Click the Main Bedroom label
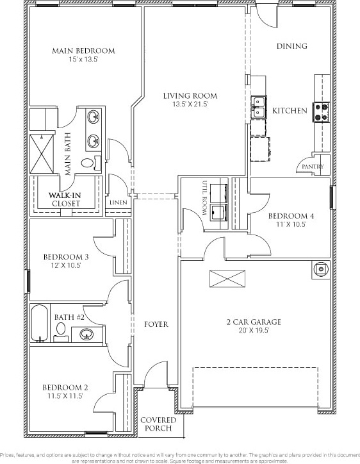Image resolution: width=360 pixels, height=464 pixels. click(x=83, y=51)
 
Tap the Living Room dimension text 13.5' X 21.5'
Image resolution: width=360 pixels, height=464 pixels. click(x=190, y=104)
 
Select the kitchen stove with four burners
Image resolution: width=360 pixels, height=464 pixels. click(x=322, y=112)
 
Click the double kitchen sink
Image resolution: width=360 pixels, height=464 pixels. click(x=259, y=107)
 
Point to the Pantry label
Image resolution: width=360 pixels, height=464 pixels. click(x=313, y=167)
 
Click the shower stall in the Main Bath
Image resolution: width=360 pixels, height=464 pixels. click(x=42, y=154)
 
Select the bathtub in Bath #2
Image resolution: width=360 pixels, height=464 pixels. click(x=39, y=323)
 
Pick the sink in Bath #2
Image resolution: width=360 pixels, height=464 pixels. click(x=86, y=335)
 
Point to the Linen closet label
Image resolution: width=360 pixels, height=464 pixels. click(x=119, y=203)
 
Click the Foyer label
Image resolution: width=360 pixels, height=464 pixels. click(x=156, y=324)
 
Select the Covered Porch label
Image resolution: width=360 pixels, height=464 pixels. click(x=158, y=424)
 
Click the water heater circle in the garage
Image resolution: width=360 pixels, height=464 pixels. click(x=321, y=269)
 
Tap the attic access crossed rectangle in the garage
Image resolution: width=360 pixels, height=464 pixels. click(x=227, y=279)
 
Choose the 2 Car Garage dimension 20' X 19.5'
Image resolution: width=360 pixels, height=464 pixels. click(x=254, y=331)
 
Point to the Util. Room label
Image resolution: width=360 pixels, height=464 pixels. click(x=204, y=197)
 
